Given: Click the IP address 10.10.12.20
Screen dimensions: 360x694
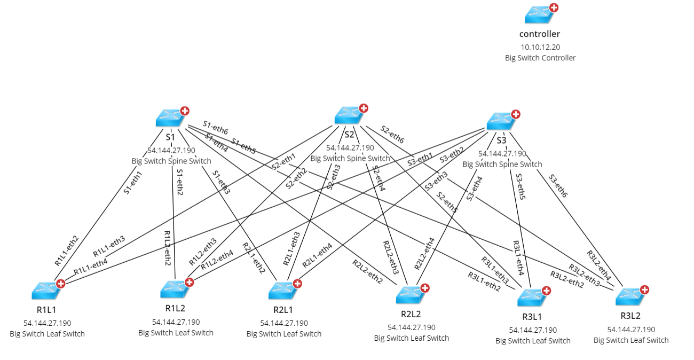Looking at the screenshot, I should [x=540, y=47].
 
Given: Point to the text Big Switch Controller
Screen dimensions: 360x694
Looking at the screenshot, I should [x=540, y=58].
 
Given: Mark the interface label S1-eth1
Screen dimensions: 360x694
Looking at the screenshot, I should [x=133, y=182].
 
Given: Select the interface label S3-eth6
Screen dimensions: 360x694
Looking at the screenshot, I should [x=558, y=186].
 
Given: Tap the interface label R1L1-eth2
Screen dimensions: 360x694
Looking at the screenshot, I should [x=66, y=251].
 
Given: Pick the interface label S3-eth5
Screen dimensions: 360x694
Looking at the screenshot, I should [x=520, y=186].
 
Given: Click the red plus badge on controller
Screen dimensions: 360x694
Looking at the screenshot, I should [x=554, y=8].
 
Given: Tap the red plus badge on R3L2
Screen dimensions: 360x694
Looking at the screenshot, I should [x=645, y=289].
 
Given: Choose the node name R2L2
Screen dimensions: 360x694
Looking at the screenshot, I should [x=412, y=314].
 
